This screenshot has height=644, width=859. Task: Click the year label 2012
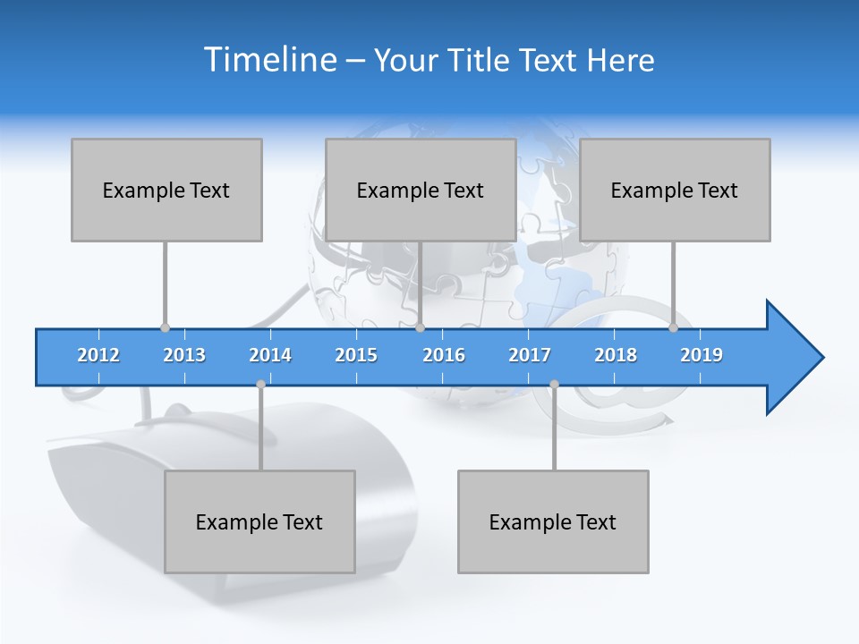(x=98, y=355)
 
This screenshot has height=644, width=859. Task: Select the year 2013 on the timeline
(x=184, y=355)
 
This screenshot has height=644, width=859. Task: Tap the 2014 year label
(x=270, y=355)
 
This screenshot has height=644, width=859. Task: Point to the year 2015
(x=356, y=355)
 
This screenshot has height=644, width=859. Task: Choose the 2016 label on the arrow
(x=444, y=355)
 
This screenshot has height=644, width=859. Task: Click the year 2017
(x=530, y=355)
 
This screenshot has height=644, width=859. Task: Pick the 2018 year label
(x=616, y=355)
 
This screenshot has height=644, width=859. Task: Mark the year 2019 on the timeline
(x=702, y=355)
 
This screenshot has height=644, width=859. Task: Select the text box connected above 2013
(x=166, y=190)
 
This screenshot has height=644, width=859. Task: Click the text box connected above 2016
(x=421, y=190)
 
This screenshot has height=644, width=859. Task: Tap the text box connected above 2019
(x=675, y=190)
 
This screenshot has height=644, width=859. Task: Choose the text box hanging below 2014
(x=259, y=521)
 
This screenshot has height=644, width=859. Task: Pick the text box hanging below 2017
(x=553, y=521)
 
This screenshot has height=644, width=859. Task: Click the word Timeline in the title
(x=268, y=60)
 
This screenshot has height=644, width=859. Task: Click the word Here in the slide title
(x=620, y=60)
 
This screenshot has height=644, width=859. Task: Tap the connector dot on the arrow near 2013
(x=165, y=327)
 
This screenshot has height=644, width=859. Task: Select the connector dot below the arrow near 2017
(x=554, y=385)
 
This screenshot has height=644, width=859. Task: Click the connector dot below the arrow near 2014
(x=260, y=385)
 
